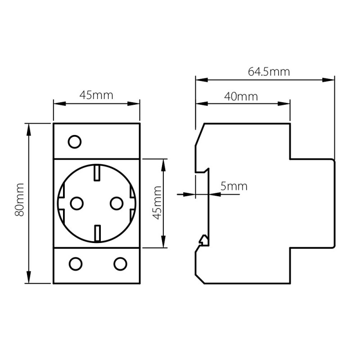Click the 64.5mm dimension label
(269, 72)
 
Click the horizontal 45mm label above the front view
(96, 95)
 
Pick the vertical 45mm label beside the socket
(157, 202)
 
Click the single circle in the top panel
(74, 142)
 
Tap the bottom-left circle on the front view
(74, 263)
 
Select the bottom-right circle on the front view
(119, 263)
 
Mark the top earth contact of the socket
(96, 173)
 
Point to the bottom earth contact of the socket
(96, 234)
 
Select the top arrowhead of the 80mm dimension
(29, 129)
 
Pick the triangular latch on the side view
(203, 240)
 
